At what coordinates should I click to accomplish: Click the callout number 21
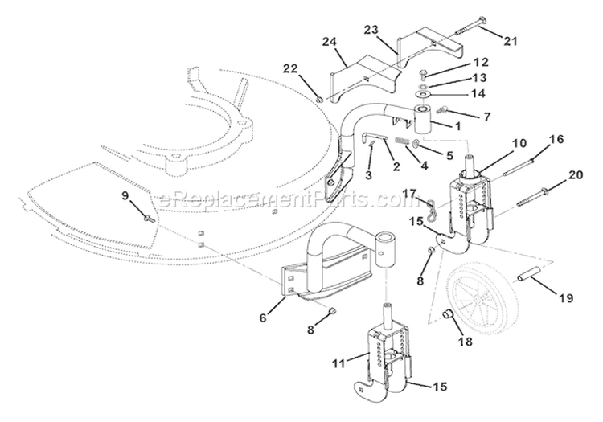point(511,39)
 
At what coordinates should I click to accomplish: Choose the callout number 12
point(479,62)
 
